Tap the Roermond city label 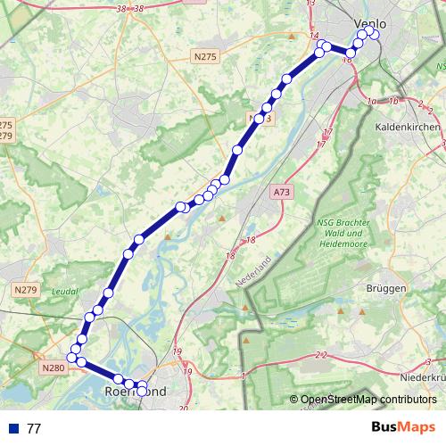[x=136, y=392]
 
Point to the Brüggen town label [x=386, y=288]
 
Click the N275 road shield [x=205, y=56]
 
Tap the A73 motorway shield [x=282, y=191]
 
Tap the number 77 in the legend [x=34, y=428]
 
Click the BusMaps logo [x=404, y=428]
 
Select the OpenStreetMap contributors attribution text [x=368, y=399]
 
